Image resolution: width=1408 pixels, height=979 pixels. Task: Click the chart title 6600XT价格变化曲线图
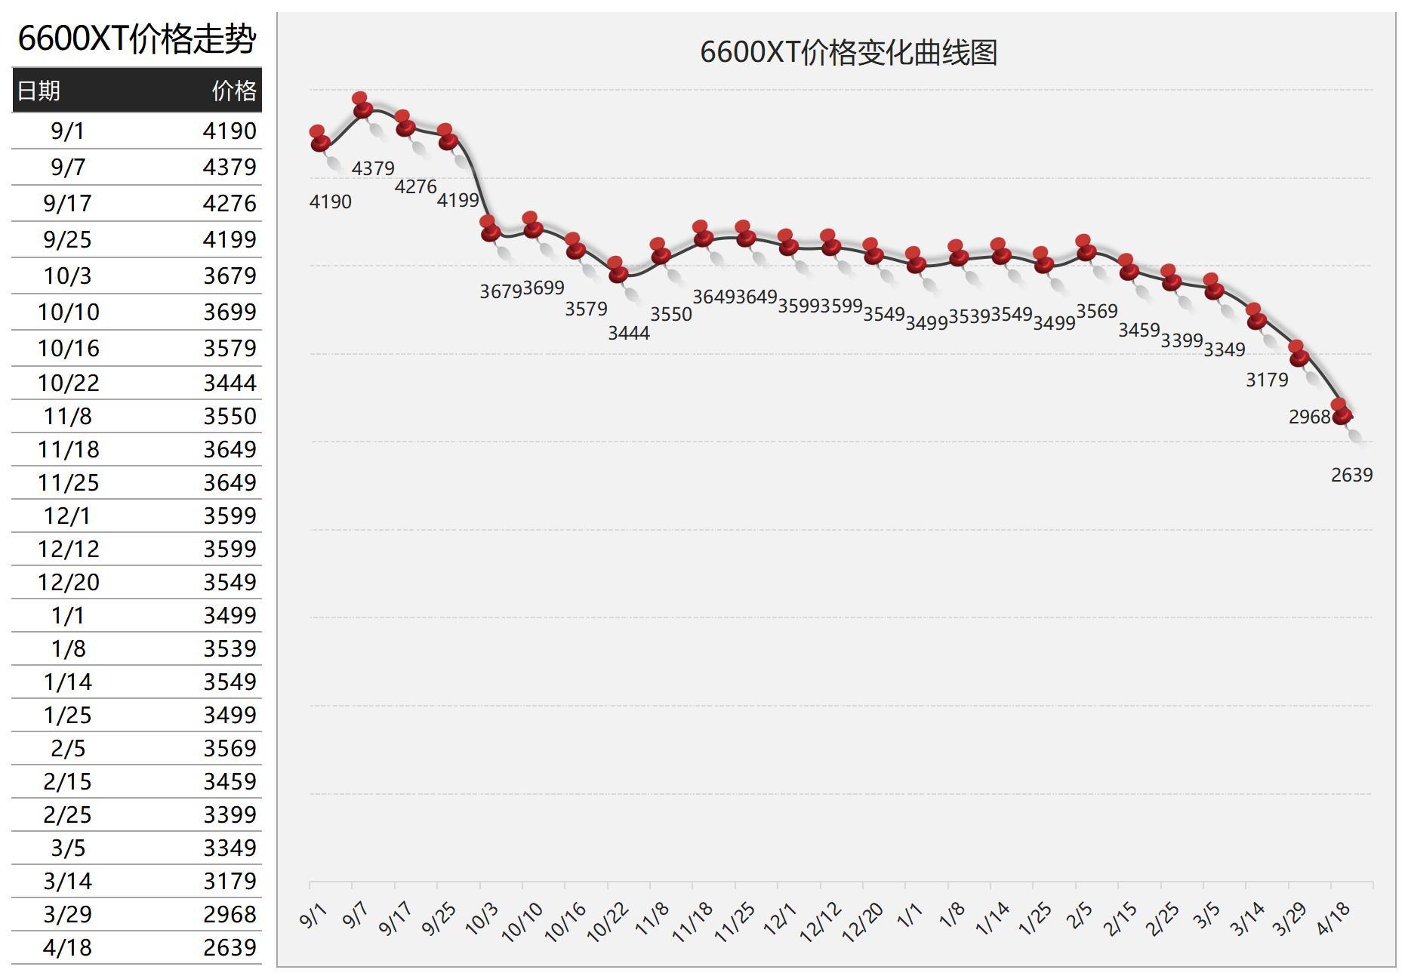click(849, 52)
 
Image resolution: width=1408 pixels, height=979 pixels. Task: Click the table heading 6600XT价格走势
click(137, 38)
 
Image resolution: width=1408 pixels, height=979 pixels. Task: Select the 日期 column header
click(39, 91)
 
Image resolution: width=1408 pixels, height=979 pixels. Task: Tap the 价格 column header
click(234, 91)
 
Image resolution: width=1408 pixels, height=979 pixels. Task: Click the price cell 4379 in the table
click(230, 167)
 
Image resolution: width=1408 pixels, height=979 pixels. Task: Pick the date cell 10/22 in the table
click(68, 383)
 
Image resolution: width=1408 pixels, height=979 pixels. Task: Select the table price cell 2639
click(230, 947)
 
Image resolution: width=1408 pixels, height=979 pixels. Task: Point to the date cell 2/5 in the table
click(68, 748)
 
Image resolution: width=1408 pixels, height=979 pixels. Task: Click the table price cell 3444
click(230, 383)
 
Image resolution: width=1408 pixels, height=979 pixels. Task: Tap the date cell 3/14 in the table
click(68, 881)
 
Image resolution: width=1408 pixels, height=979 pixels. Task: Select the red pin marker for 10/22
click(618, 271)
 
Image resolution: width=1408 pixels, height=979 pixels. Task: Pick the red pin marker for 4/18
click(1342, 412)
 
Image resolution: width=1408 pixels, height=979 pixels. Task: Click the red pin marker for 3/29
click(1299, 355)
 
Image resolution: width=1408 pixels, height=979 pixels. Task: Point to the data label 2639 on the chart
click(1351, 475)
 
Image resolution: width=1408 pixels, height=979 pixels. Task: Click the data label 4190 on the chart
click(331, 202)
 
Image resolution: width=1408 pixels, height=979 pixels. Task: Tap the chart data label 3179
click(1267, 380)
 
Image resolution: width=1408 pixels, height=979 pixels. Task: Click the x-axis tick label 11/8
click(652, 918)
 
